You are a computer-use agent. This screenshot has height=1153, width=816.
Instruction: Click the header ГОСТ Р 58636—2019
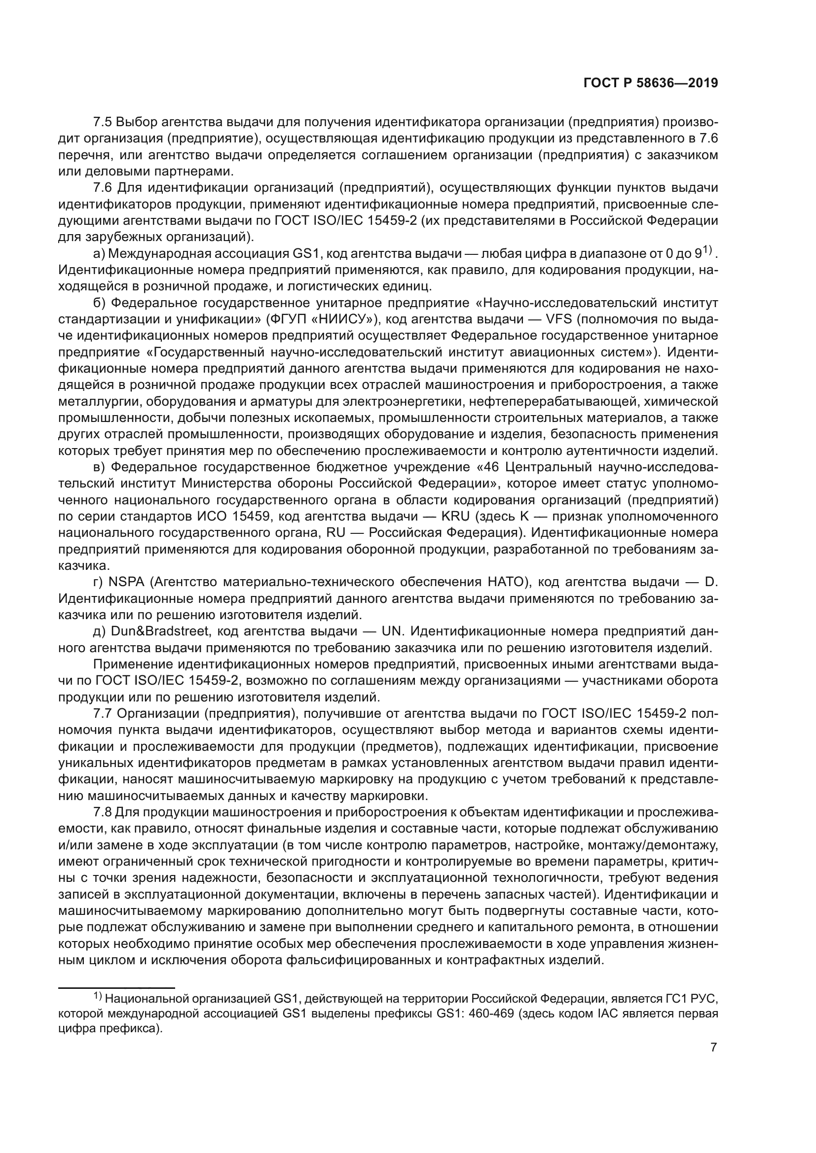[650, 83]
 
